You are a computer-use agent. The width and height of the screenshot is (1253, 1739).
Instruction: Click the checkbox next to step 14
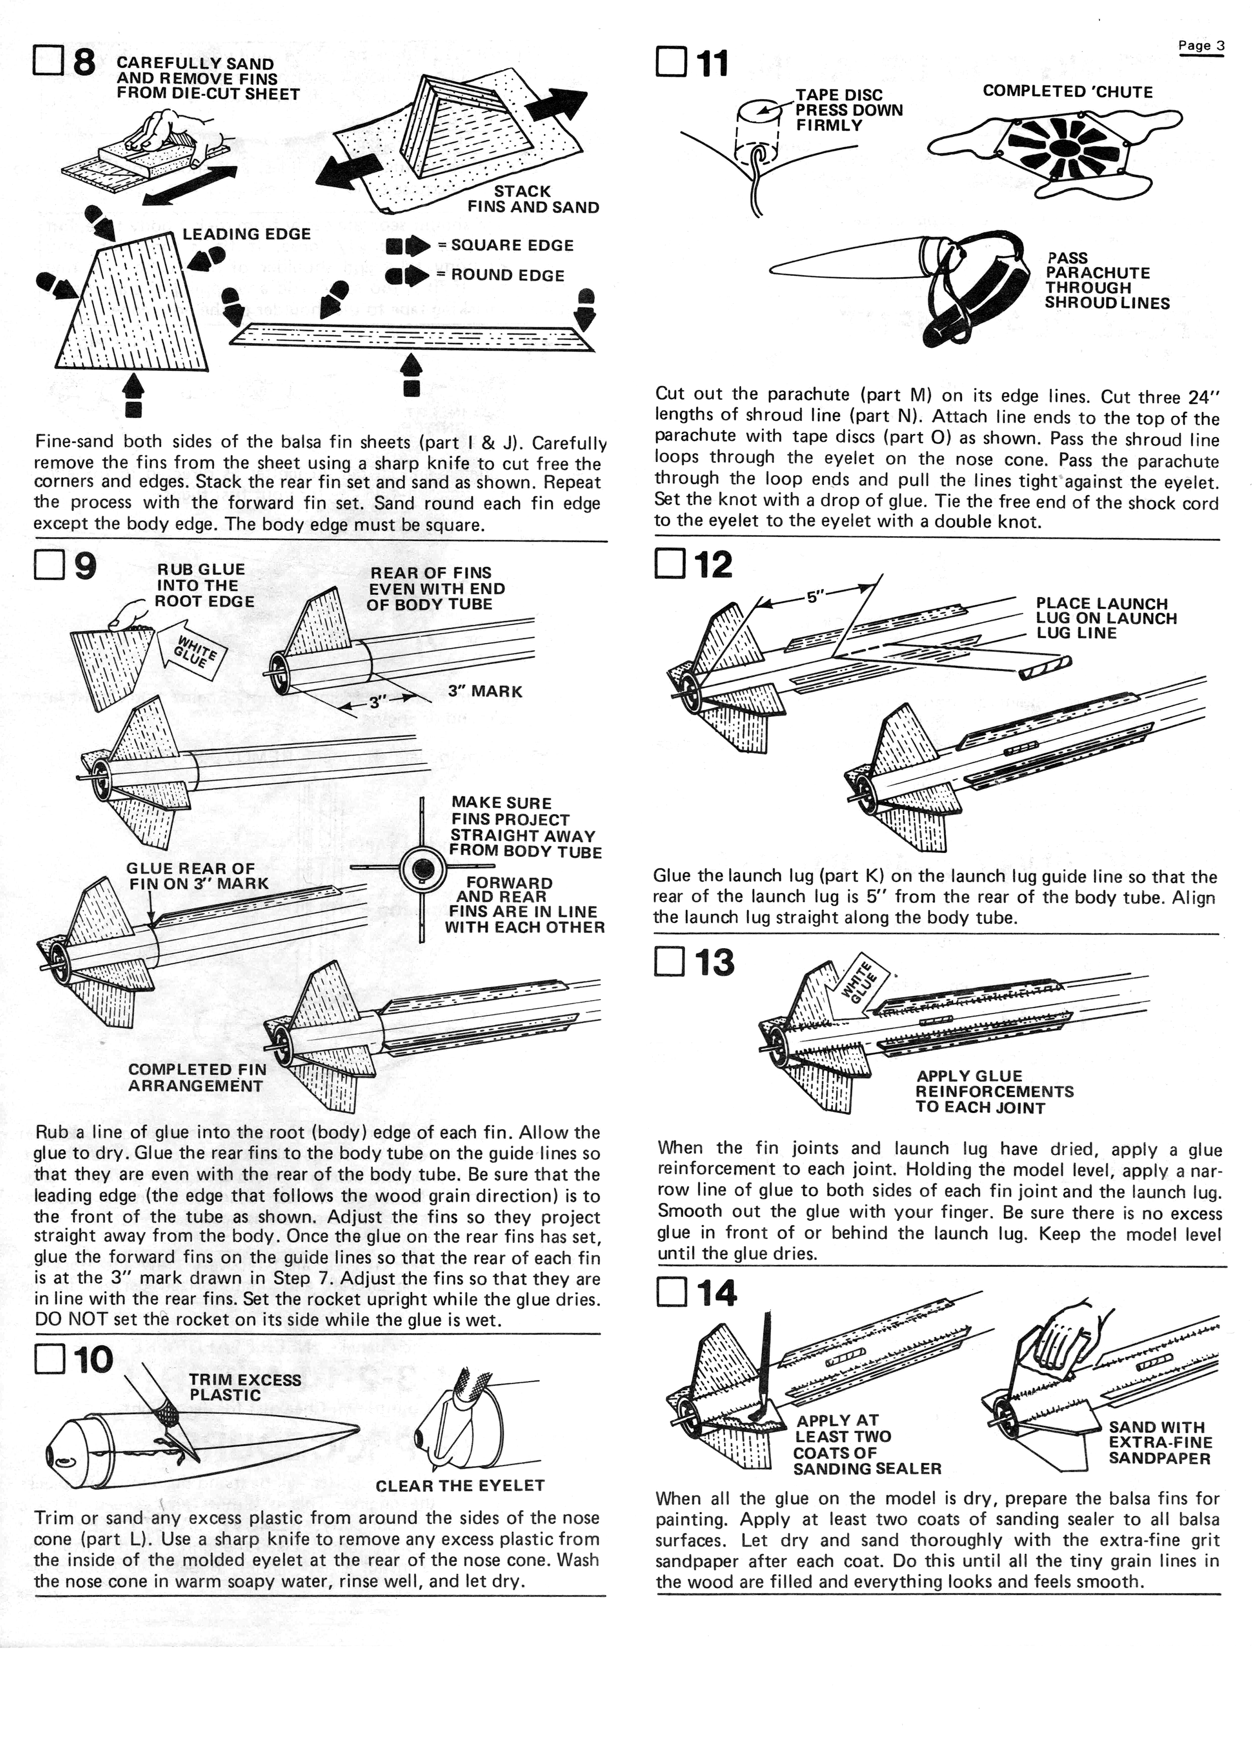(x=672, y=1294)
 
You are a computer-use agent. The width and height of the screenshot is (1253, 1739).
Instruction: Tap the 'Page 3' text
(x=1201, y=45)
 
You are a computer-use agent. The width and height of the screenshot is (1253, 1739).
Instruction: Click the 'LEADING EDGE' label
(x=246, y=234)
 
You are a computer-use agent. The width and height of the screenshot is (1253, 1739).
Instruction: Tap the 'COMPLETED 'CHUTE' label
(x=1068, y=92)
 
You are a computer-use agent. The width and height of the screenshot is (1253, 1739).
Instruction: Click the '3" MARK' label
(x=485, y=692)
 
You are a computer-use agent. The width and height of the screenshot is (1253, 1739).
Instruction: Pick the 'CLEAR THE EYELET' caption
(x=460, y=1485)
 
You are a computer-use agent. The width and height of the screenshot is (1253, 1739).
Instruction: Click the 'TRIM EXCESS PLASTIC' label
(x=245, y=1387)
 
